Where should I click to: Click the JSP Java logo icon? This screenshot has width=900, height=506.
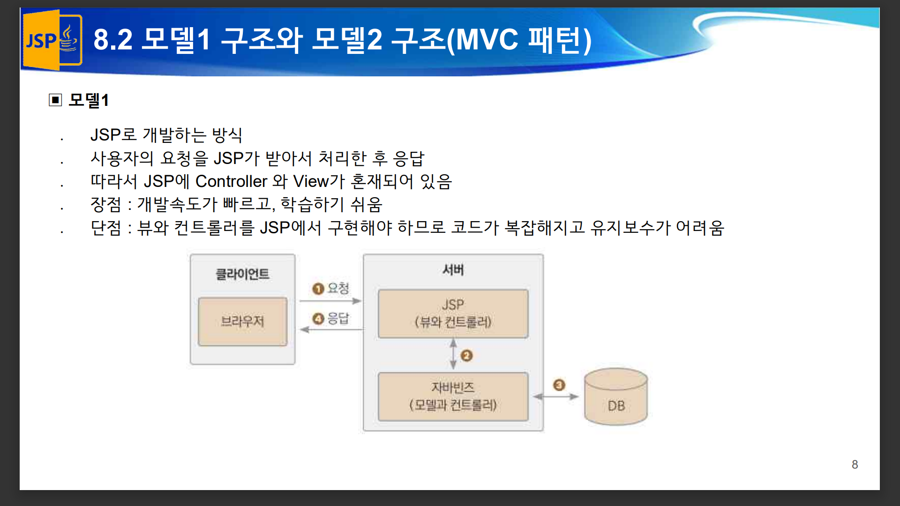coord(52,40)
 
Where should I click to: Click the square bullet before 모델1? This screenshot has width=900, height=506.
coord(55,100)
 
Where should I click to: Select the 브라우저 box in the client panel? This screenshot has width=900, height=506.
coord(242,321)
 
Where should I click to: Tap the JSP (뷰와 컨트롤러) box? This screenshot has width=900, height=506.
coord(453,313)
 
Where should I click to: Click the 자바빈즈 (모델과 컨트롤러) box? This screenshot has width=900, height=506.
coord(453,396)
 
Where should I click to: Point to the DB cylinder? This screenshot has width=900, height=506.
coord(616,396)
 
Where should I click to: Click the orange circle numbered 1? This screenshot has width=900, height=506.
coord(318,289)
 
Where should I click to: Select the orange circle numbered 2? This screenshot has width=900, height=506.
coord(466,356)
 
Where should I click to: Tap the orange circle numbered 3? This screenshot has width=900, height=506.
coord(559,385)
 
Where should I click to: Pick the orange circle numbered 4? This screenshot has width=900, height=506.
coord(318,319)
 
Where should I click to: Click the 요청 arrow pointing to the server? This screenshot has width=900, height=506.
coord(330,301)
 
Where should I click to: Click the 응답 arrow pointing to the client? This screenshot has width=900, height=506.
coord(331,330)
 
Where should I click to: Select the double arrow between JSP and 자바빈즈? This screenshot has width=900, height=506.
coord(453,355)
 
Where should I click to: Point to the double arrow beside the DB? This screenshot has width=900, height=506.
coord(556,396)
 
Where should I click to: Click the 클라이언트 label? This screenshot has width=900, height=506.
coord(242,274)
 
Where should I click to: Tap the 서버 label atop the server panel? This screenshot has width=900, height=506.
coord(453,270)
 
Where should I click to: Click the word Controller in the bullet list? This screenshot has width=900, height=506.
coord(231,181)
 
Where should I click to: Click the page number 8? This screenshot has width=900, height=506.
coord(855,464)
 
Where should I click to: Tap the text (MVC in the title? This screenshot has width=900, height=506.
coord(482,40)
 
